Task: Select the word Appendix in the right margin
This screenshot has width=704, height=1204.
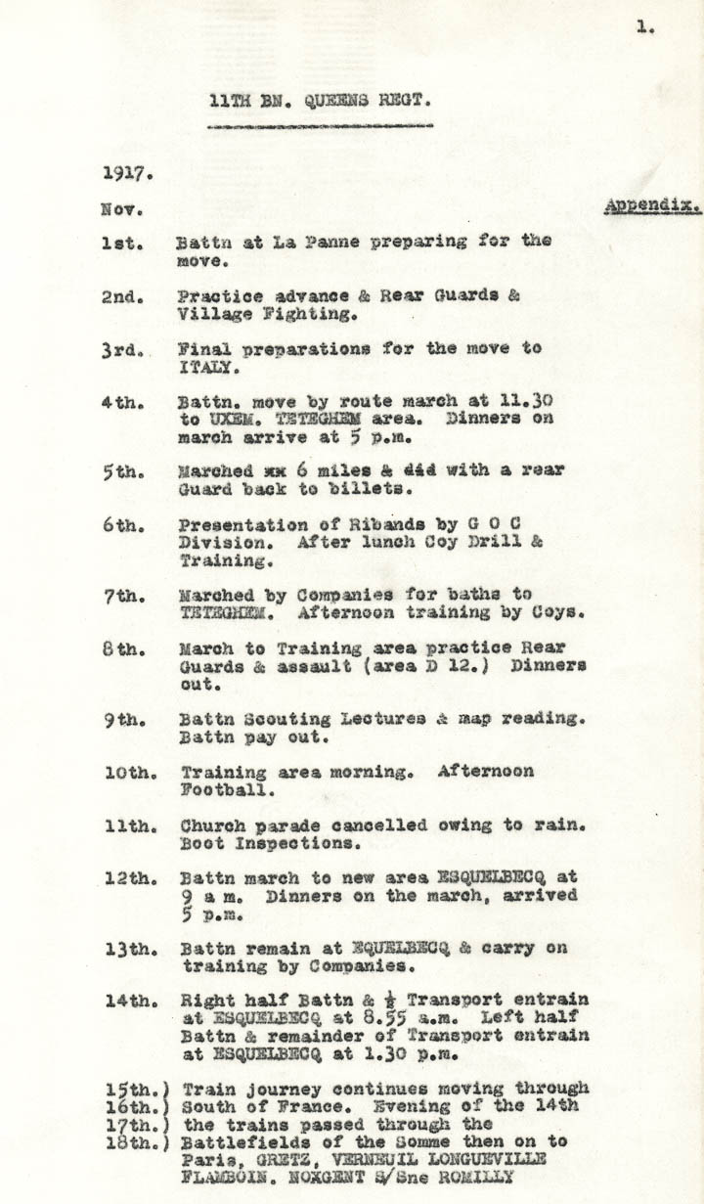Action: click(x=649, y=206)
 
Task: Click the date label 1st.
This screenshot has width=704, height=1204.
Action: click(x=122, y=243)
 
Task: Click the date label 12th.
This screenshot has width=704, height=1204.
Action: click(x=127, y=878)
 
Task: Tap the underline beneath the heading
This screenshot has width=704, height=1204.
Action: click(x=320, y=126)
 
